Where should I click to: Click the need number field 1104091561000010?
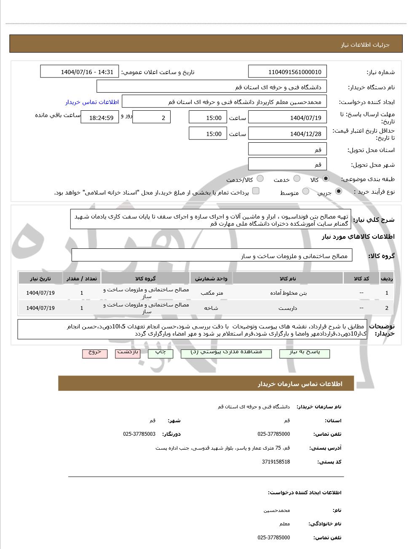tap(288, 72)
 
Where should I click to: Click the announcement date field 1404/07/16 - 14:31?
tap(80, 72)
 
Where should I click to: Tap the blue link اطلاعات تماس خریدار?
tap(92, 102)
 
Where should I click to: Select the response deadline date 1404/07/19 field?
tap(288, 118)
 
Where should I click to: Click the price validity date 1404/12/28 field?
tap(288, 134)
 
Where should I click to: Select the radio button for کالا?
tap(326, 179)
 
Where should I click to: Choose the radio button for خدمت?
tap(297, 179)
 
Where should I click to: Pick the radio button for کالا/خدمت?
tap(260, 179)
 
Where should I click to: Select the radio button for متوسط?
tap(306, 192)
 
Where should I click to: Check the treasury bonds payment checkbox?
tap(256, 192)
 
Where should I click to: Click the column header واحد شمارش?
tap(211, 279)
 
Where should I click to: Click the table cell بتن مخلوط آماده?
tap(288, 293)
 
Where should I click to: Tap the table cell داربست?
tap(288, 308)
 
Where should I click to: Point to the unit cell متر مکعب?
tap(211, 293)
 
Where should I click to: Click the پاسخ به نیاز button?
tap(305, 353)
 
